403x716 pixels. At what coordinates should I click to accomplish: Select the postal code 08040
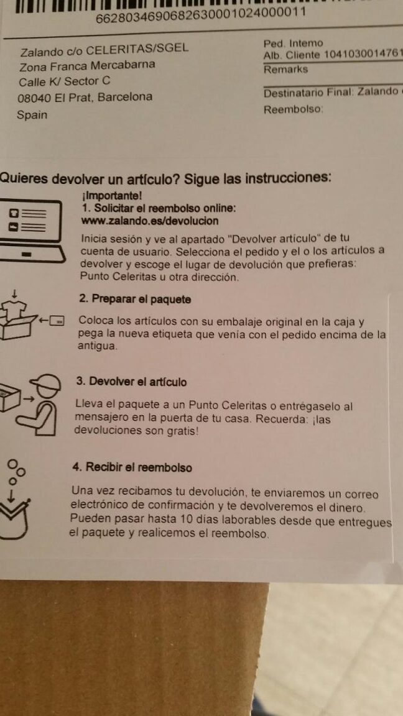click(34, 98)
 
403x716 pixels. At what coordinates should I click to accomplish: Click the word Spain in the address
click(32, 114)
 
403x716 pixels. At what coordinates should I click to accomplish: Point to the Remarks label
click(285, 70)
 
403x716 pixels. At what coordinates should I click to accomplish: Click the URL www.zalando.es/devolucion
click(149, 221)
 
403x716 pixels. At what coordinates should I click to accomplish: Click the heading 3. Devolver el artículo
click(132, 381)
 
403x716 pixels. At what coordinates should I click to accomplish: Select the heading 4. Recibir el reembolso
click(132, 467)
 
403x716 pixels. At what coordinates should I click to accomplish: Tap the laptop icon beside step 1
click(30, 231)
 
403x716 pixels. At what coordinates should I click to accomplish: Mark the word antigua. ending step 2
click(98, 346)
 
